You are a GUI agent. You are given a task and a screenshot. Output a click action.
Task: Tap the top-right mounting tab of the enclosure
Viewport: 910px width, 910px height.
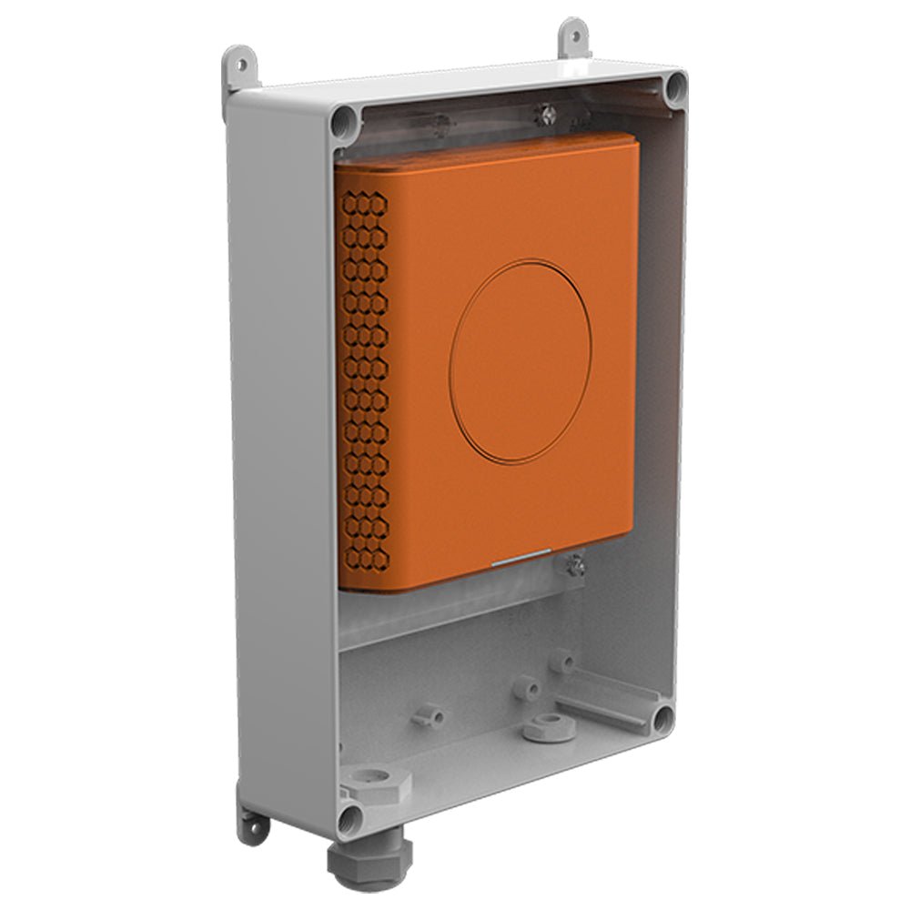coord(573,36)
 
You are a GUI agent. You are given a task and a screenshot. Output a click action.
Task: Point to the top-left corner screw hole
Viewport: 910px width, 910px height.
coord(344,120)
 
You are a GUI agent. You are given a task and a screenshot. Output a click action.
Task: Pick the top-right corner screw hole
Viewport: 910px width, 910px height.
coord(674,87)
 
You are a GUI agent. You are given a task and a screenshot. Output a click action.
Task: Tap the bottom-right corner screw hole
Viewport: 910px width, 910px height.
coord(662,719)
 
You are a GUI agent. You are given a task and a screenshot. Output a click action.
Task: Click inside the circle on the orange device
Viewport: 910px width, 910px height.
coord(520,359)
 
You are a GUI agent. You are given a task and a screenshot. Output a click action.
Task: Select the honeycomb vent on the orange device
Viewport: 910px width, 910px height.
coord(364,382)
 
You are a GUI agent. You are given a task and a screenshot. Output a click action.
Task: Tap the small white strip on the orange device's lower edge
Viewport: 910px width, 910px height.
coord(521,557)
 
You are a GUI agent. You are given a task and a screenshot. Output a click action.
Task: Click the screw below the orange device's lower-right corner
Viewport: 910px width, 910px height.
coord(575,566)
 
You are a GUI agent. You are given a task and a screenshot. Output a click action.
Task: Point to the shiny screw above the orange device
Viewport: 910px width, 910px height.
coord(544,113)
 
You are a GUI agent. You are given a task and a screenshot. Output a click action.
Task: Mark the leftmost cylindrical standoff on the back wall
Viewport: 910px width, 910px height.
coord(429,715)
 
